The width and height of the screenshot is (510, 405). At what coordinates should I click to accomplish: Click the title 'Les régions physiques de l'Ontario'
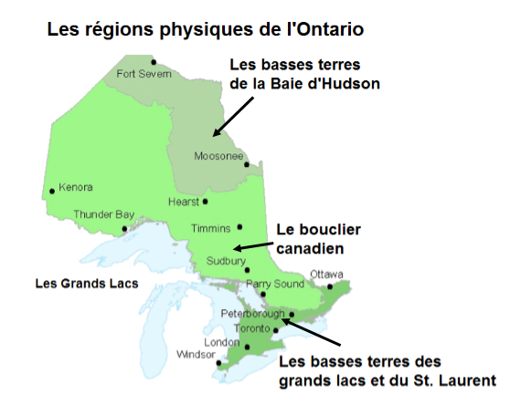[x=205, y=30]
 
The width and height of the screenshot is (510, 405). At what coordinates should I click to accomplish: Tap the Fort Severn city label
[x=144, y=74]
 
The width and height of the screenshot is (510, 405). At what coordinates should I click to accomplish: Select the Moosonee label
[x=218, y=156]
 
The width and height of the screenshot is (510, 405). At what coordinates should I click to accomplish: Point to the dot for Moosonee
[x=245, y=163]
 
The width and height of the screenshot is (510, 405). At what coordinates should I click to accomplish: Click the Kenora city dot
[x=51, y=192]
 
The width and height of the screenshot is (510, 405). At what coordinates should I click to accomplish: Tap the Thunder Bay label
[x=103, y=214]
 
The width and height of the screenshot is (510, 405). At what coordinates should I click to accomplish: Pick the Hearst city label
[x=184, y=202]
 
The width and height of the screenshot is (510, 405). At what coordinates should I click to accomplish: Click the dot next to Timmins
[x=239, y=226]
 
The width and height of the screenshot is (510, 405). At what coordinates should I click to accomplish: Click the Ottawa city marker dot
[x=330, y=286]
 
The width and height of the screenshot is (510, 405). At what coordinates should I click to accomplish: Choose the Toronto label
[x=250, y=327]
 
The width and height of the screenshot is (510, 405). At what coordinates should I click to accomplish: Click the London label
[x=220, y=342]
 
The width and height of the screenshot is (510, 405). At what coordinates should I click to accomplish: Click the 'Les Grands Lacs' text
[x=86, y=284]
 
